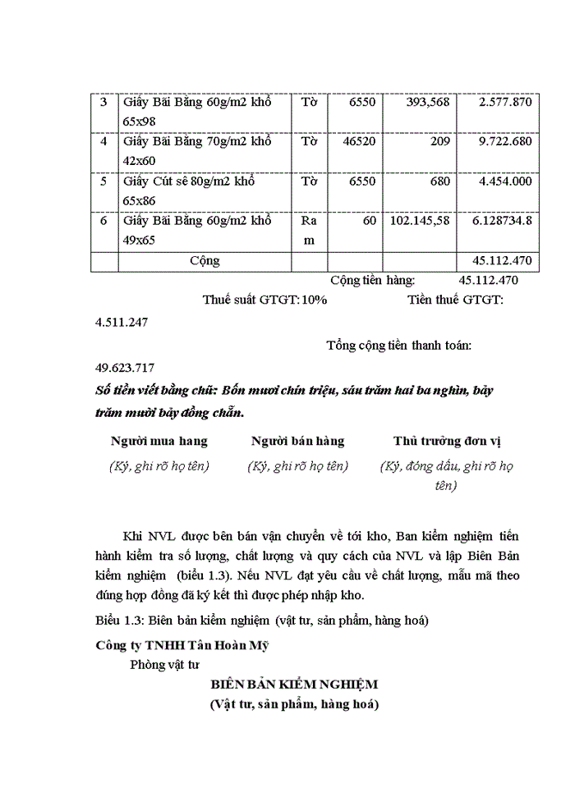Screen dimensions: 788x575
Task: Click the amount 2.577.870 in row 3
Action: click(x=501, y=103)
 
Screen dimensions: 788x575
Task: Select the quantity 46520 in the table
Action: click(x=358, y=142)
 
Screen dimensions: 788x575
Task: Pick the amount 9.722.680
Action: click(x=501, y=142)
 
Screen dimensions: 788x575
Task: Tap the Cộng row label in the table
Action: click(x=205, y=261)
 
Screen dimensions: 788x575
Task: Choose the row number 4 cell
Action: click(x=104, y=142)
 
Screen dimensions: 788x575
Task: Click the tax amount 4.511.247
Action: click(x=122, y=322)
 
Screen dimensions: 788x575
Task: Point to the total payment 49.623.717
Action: click(x=125, y=368)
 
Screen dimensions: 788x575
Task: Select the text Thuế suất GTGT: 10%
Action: click(x=264, y=300)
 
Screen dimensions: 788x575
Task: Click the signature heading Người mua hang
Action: click(x=159, y=441)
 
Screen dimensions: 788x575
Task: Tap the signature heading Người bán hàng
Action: click(x=297, y=441)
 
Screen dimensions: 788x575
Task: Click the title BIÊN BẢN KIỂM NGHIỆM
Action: click(x=293, y=684)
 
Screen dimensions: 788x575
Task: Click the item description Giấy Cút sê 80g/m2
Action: click(x=188, y=181)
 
